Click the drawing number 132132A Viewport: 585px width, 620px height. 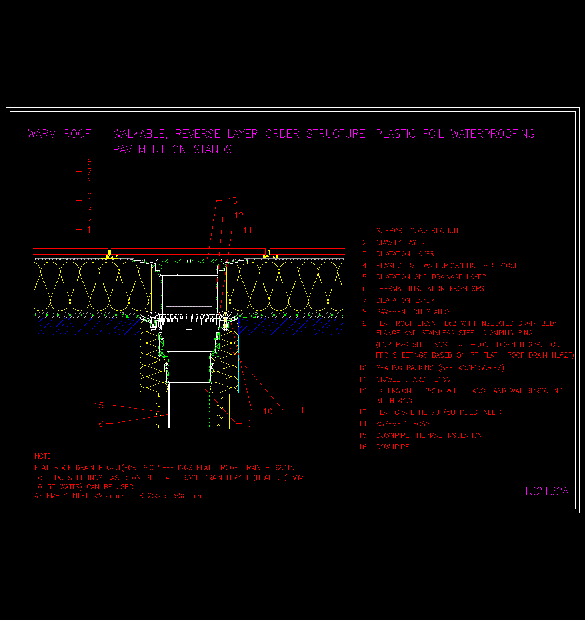point(546,491)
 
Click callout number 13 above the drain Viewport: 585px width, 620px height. point(232,201)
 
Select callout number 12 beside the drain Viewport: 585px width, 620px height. point(239,215)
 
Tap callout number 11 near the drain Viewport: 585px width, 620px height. point(248,230)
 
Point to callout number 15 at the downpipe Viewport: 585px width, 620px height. point(99,405)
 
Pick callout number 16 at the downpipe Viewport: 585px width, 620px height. point(99,424)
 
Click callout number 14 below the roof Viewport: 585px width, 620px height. point(299,410)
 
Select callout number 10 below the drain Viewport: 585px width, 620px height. point(268,411)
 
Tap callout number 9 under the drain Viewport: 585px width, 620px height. point(249,423)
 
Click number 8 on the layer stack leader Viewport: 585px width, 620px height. point(89,162)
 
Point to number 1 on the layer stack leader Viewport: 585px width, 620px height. point(89,230)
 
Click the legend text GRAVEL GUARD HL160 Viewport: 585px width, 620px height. point(413,379)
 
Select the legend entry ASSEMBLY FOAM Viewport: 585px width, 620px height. point(403,424)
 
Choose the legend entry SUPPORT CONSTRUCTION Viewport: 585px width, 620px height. point(417,230)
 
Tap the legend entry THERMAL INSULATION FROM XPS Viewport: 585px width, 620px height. point(430,289)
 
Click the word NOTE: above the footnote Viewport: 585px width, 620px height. point(44,456)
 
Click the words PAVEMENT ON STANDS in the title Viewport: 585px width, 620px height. point(173,150)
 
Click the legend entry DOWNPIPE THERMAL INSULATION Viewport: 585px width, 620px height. point(429,435)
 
